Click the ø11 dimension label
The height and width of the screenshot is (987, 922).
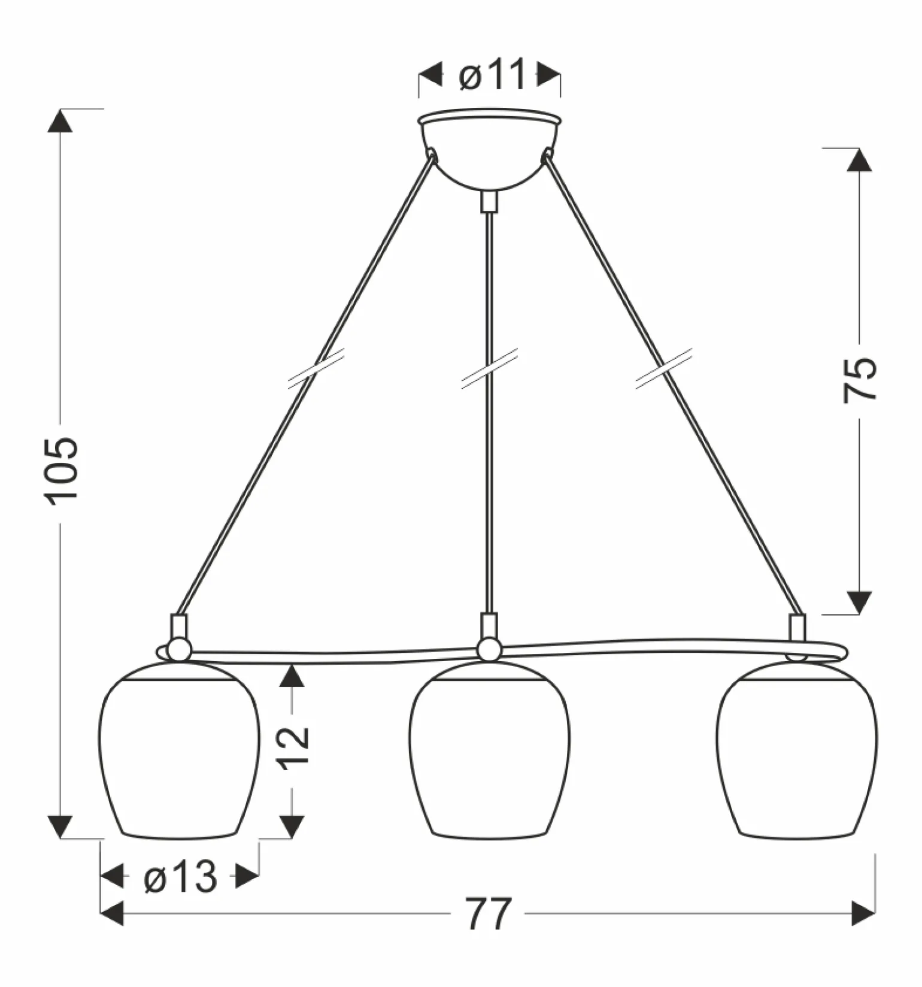coord(492,75)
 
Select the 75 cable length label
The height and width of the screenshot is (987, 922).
coord(860,379)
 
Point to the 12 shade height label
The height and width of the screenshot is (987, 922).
coord(293,746)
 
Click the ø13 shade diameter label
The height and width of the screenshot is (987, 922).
coord(180,878)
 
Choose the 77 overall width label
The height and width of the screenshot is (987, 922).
coord(489,913)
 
